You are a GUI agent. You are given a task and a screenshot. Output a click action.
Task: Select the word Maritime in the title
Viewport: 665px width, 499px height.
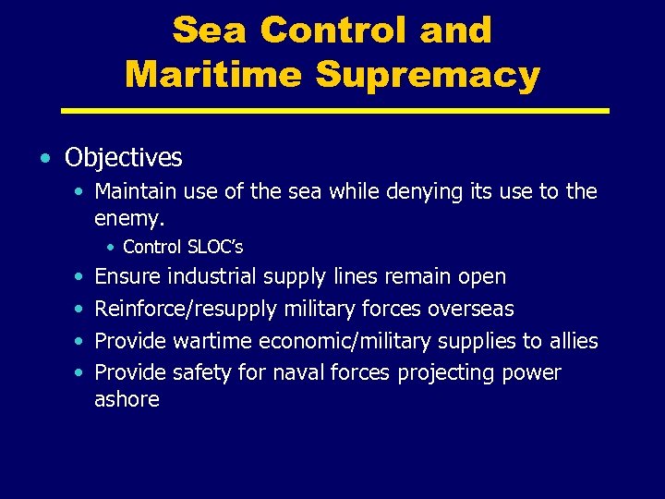(213, 74)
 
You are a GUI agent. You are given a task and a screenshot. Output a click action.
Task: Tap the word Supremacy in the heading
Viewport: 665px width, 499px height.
(428, 74)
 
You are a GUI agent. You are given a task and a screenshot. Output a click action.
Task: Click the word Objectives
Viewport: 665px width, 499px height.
(124, 158)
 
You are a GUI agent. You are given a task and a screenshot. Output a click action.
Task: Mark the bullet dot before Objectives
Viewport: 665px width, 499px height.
(46, 159)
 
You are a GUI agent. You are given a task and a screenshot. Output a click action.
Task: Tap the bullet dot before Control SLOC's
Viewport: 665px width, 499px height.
(111, 248)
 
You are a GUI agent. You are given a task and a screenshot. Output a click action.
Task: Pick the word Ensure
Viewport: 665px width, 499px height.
(127, 276)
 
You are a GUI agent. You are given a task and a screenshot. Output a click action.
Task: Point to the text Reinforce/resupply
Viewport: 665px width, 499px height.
(186, 309)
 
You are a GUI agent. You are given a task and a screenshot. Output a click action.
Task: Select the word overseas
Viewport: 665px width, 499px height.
(469, 309)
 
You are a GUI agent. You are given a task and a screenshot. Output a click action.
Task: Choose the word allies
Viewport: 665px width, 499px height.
(573, 341)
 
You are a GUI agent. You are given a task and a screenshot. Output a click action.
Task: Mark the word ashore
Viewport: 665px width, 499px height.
(127, 399)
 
